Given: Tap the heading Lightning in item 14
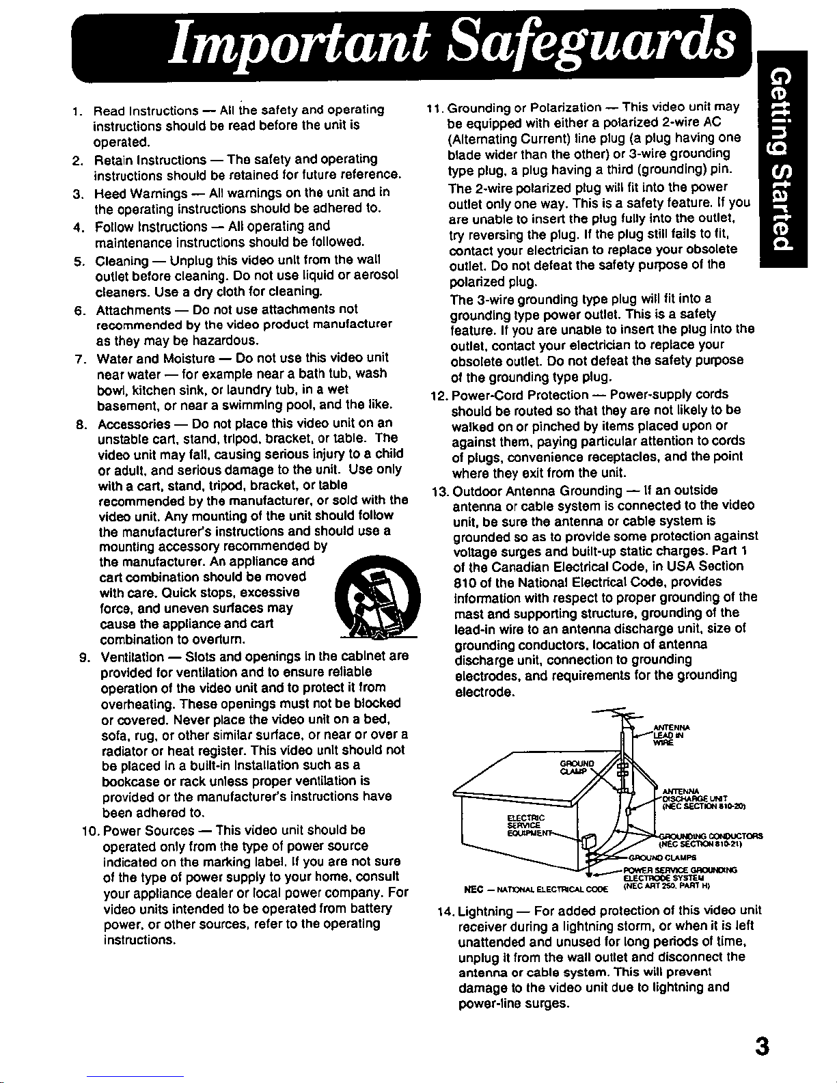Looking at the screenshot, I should point(485,911).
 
